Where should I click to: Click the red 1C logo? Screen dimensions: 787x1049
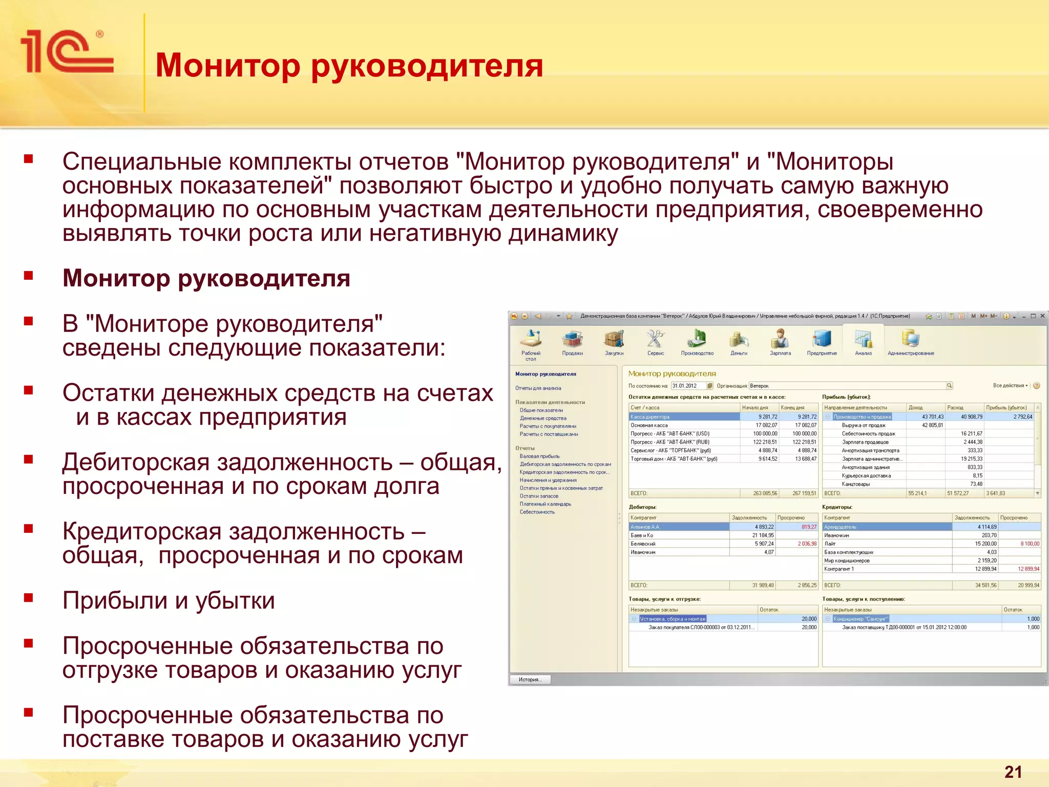[x=67, y=51]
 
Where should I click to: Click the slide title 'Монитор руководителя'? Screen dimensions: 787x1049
[x=349, y=66]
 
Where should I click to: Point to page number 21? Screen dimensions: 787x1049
[x=1013, y=772]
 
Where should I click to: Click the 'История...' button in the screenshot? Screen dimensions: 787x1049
[x=529, y=679]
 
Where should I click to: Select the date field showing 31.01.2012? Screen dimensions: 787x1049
[x=688, y=386]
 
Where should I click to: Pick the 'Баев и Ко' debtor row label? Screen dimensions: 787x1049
[x=642, y=535]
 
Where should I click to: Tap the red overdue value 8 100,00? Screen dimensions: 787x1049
[x=1030, y=544]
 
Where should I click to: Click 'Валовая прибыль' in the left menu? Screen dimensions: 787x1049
[x=539, y=456]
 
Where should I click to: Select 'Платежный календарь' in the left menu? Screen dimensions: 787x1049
[x=545, y=504]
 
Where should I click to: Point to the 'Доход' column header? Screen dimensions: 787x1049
[x=916, y=407]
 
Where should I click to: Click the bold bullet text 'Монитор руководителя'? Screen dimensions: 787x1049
[x=206, y=278]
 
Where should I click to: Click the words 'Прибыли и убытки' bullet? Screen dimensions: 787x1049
[x=169, y=600]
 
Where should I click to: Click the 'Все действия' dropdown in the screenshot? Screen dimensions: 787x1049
[x=1010, y=385]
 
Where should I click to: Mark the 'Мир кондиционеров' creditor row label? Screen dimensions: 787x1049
[x=847, y=561]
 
